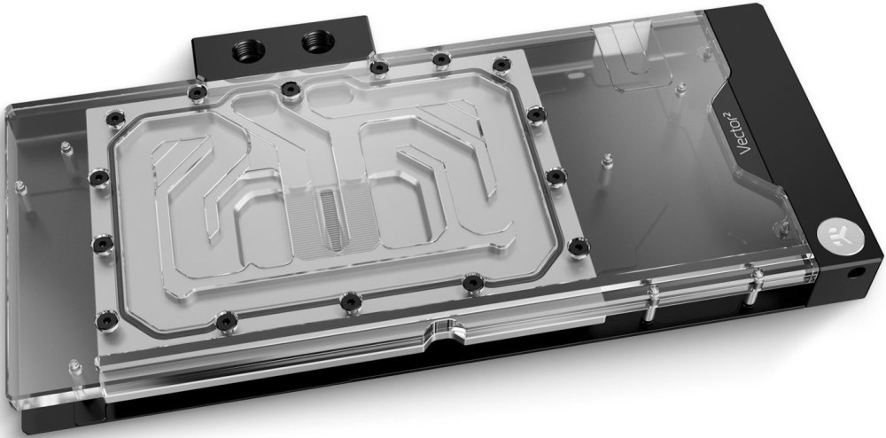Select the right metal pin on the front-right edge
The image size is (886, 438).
(756, 285)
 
